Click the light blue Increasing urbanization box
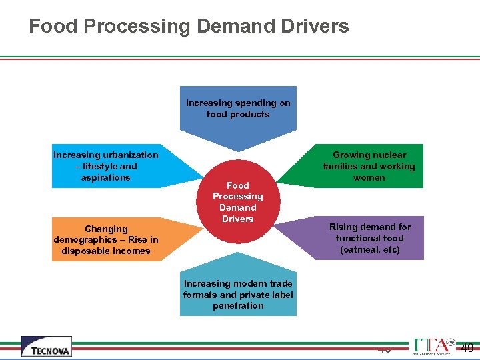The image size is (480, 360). click(107, 167)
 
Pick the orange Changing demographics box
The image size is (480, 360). click(107, 240)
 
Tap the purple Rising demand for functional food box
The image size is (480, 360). click(369, 238)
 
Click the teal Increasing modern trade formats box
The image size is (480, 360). click(238, 295)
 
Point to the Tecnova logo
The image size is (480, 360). click(46, 347)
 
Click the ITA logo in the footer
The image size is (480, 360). click(431, 347)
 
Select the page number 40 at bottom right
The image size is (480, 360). click(467, 347)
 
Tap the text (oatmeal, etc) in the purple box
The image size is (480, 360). click(369, 249)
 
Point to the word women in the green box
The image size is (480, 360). click(369, 177)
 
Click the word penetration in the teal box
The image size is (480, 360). click(238, 305)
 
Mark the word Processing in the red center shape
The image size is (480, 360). click(237, 196)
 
